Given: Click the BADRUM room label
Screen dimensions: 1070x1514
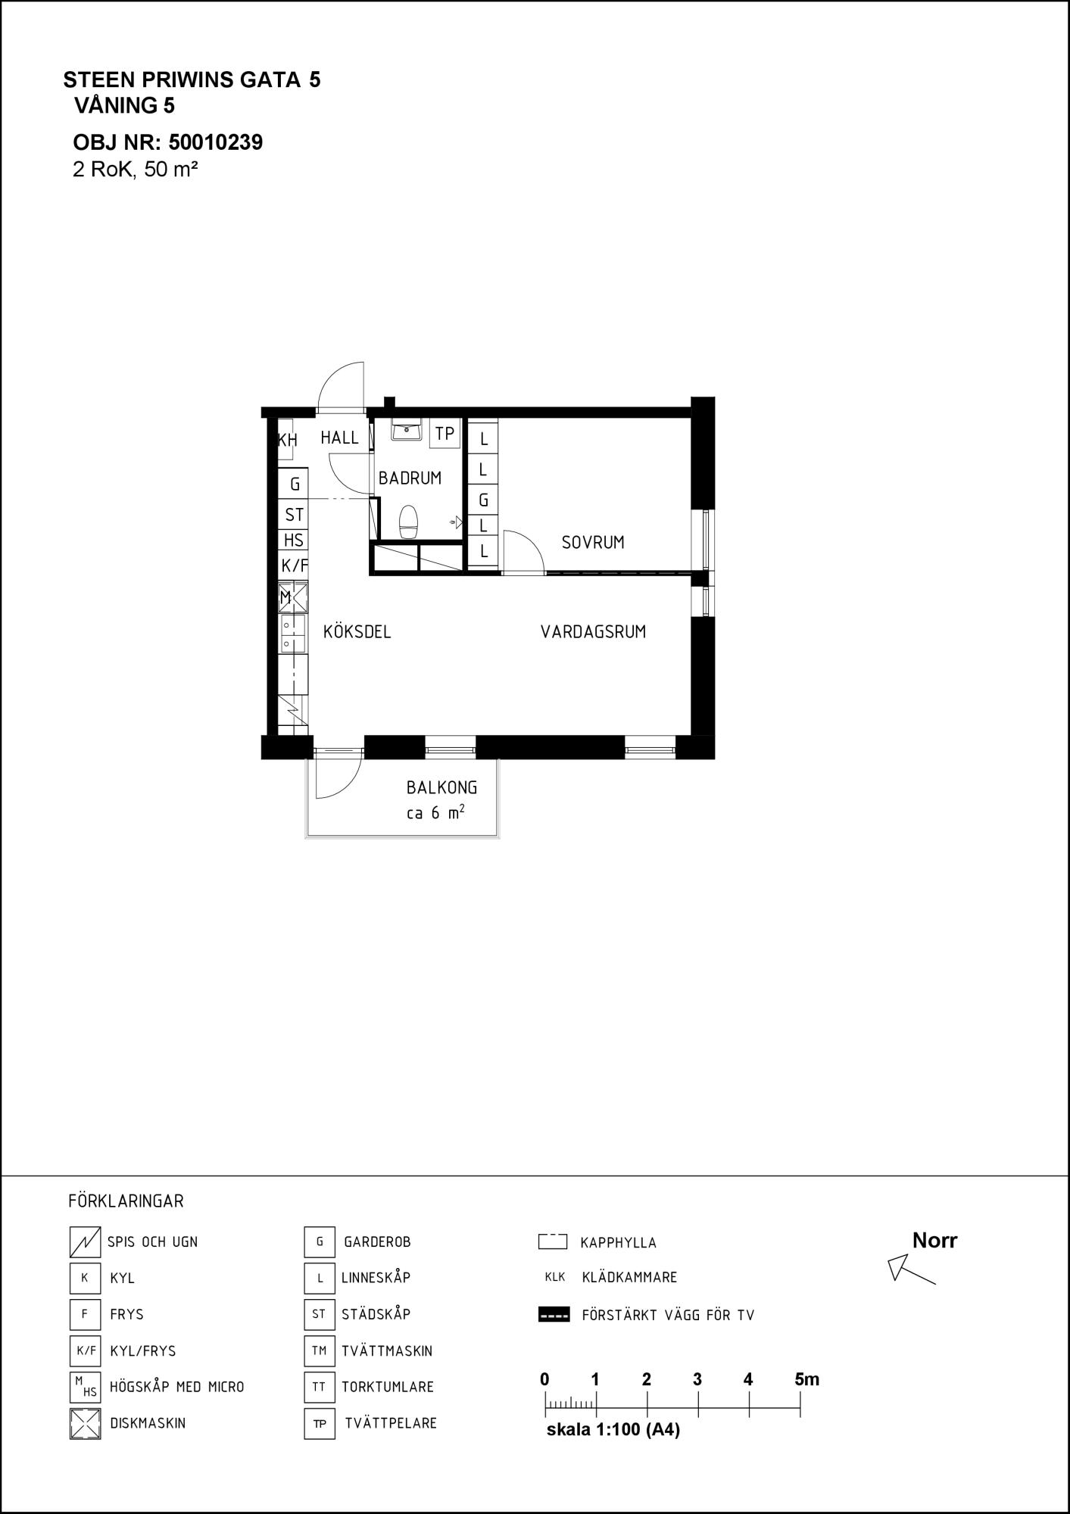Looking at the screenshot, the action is [x=410, y=478].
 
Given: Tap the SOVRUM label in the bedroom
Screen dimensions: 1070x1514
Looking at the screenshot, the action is [x=593, y=543].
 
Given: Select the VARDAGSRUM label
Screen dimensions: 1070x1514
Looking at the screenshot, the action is [x=593, y=632].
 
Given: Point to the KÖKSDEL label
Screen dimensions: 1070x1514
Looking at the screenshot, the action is [x=357, y=631].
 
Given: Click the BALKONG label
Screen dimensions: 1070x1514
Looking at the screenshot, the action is [x=442, y=787].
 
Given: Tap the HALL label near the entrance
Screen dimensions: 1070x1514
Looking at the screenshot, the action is [x=339, y=438].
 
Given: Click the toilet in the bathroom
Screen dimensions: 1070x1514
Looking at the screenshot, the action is [x=409, y=522].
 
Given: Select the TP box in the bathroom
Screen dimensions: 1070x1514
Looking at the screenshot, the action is [x=445, y=434].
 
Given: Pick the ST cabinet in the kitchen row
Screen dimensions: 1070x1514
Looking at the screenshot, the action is [x=294, y=515].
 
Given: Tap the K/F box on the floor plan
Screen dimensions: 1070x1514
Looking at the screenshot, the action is [x=294, y=565].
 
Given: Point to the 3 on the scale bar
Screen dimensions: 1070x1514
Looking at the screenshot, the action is [x=697, y=1379].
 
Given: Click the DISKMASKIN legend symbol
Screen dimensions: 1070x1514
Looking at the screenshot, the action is [x=85, y=1423].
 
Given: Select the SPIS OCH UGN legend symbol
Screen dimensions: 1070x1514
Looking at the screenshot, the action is [x=85, y=1241].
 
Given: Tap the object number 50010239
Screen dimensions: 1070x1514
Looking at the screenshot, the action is [x=216, y=142].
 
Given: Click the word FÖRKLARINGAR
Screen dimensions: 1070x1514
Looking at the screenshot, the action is [x=126, y=1201].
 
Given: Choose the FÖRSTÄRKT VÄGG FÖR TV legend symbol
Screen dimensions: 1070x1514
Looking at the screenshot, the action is [x=554, y=1315].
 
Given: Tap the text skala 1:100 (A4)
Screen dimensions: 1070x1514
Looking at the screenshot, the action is [x=613, y=1430].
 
